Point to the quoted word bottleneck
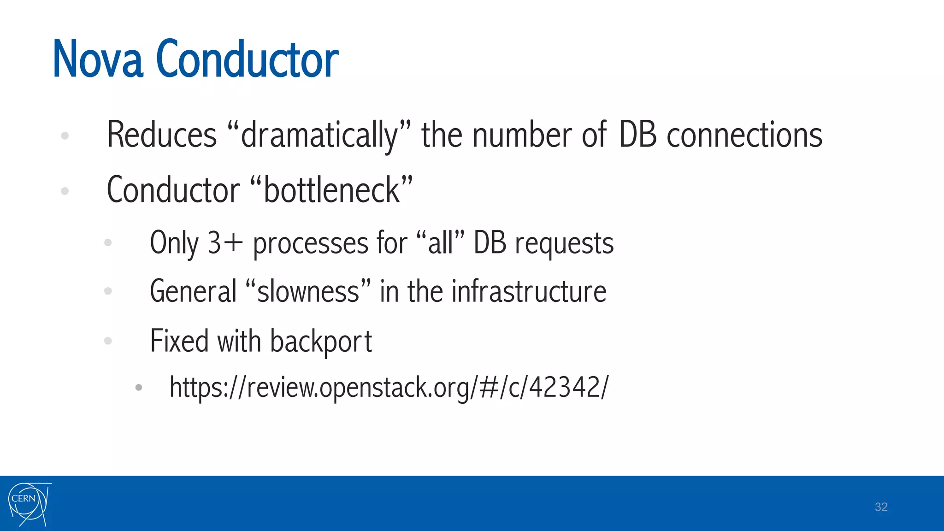331,190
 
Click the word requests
564,243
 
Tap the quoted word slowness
308,291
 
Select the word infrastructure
529,291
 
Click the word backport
321,341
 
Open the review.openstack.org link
389,387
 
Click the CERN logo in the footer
29,504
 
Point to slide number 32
881,507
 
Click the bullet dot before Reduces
65,136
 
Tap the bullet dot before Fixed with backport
108,341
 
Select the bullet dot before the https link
139,388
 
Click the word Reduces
162,135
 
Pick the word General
193,291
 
